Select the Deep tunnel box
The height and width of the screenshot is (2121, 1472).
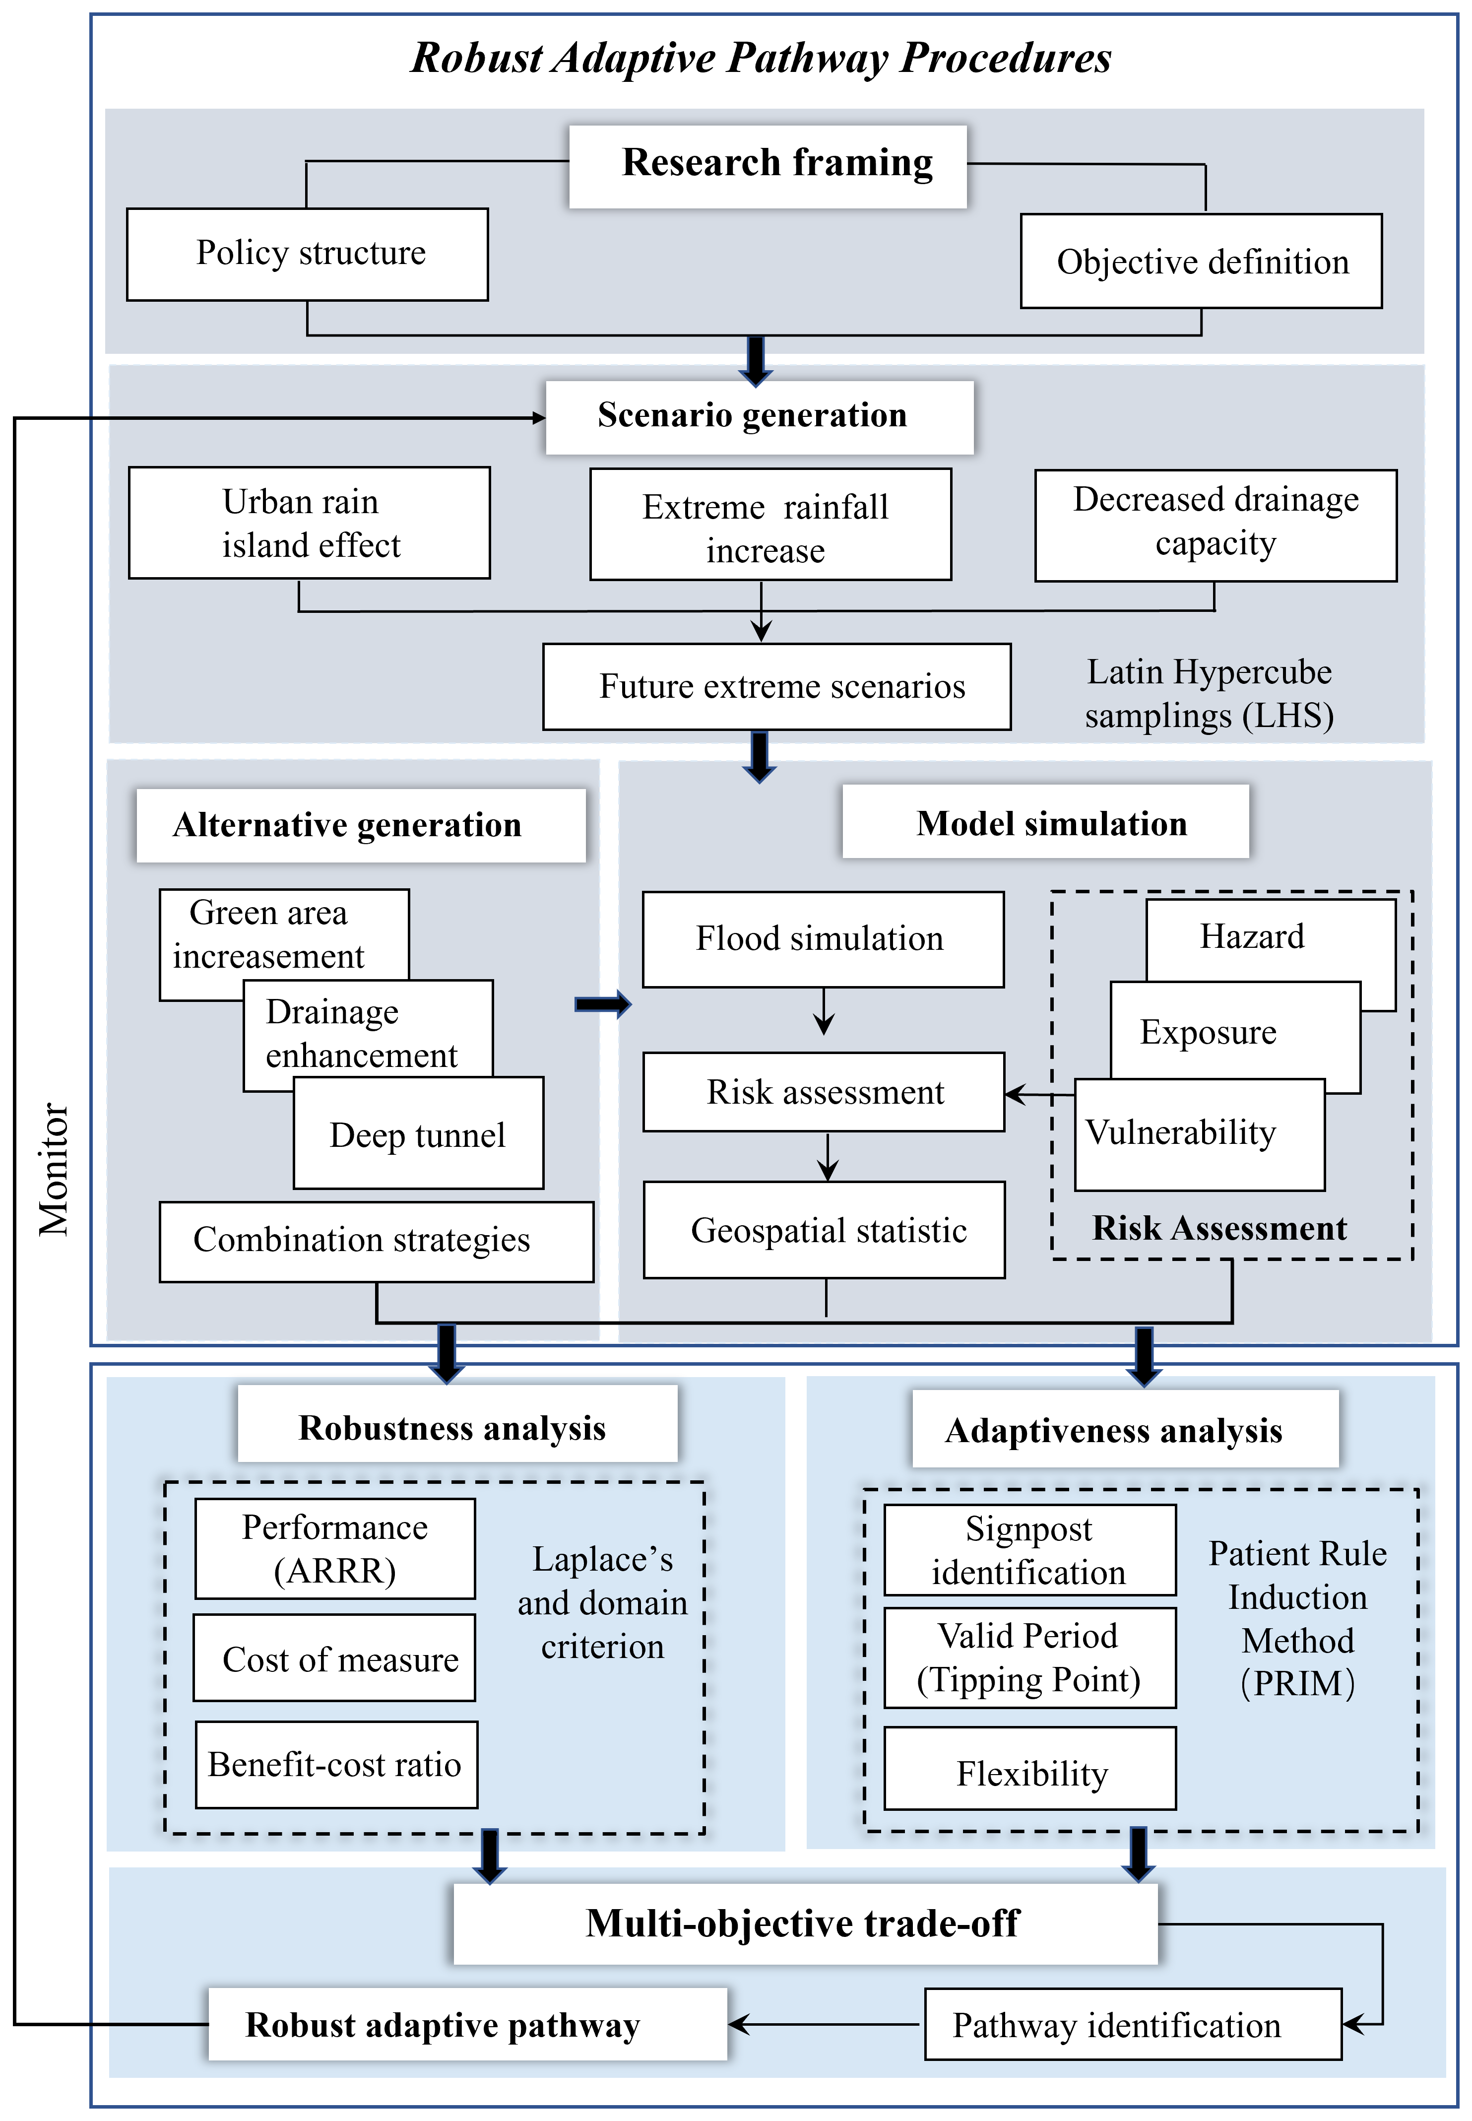(x=418, y=1135)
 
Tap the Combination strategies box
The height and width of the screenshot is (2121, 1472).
(x=376, y=1241)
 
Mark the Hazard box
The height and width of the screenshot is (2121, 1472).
(x=1270, y=936)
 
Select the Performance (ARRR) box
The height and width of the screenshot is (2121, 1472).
(x=335, y=1549)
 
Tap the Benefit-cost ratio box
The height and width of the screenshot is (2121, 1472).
(x=336, y=1765)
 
